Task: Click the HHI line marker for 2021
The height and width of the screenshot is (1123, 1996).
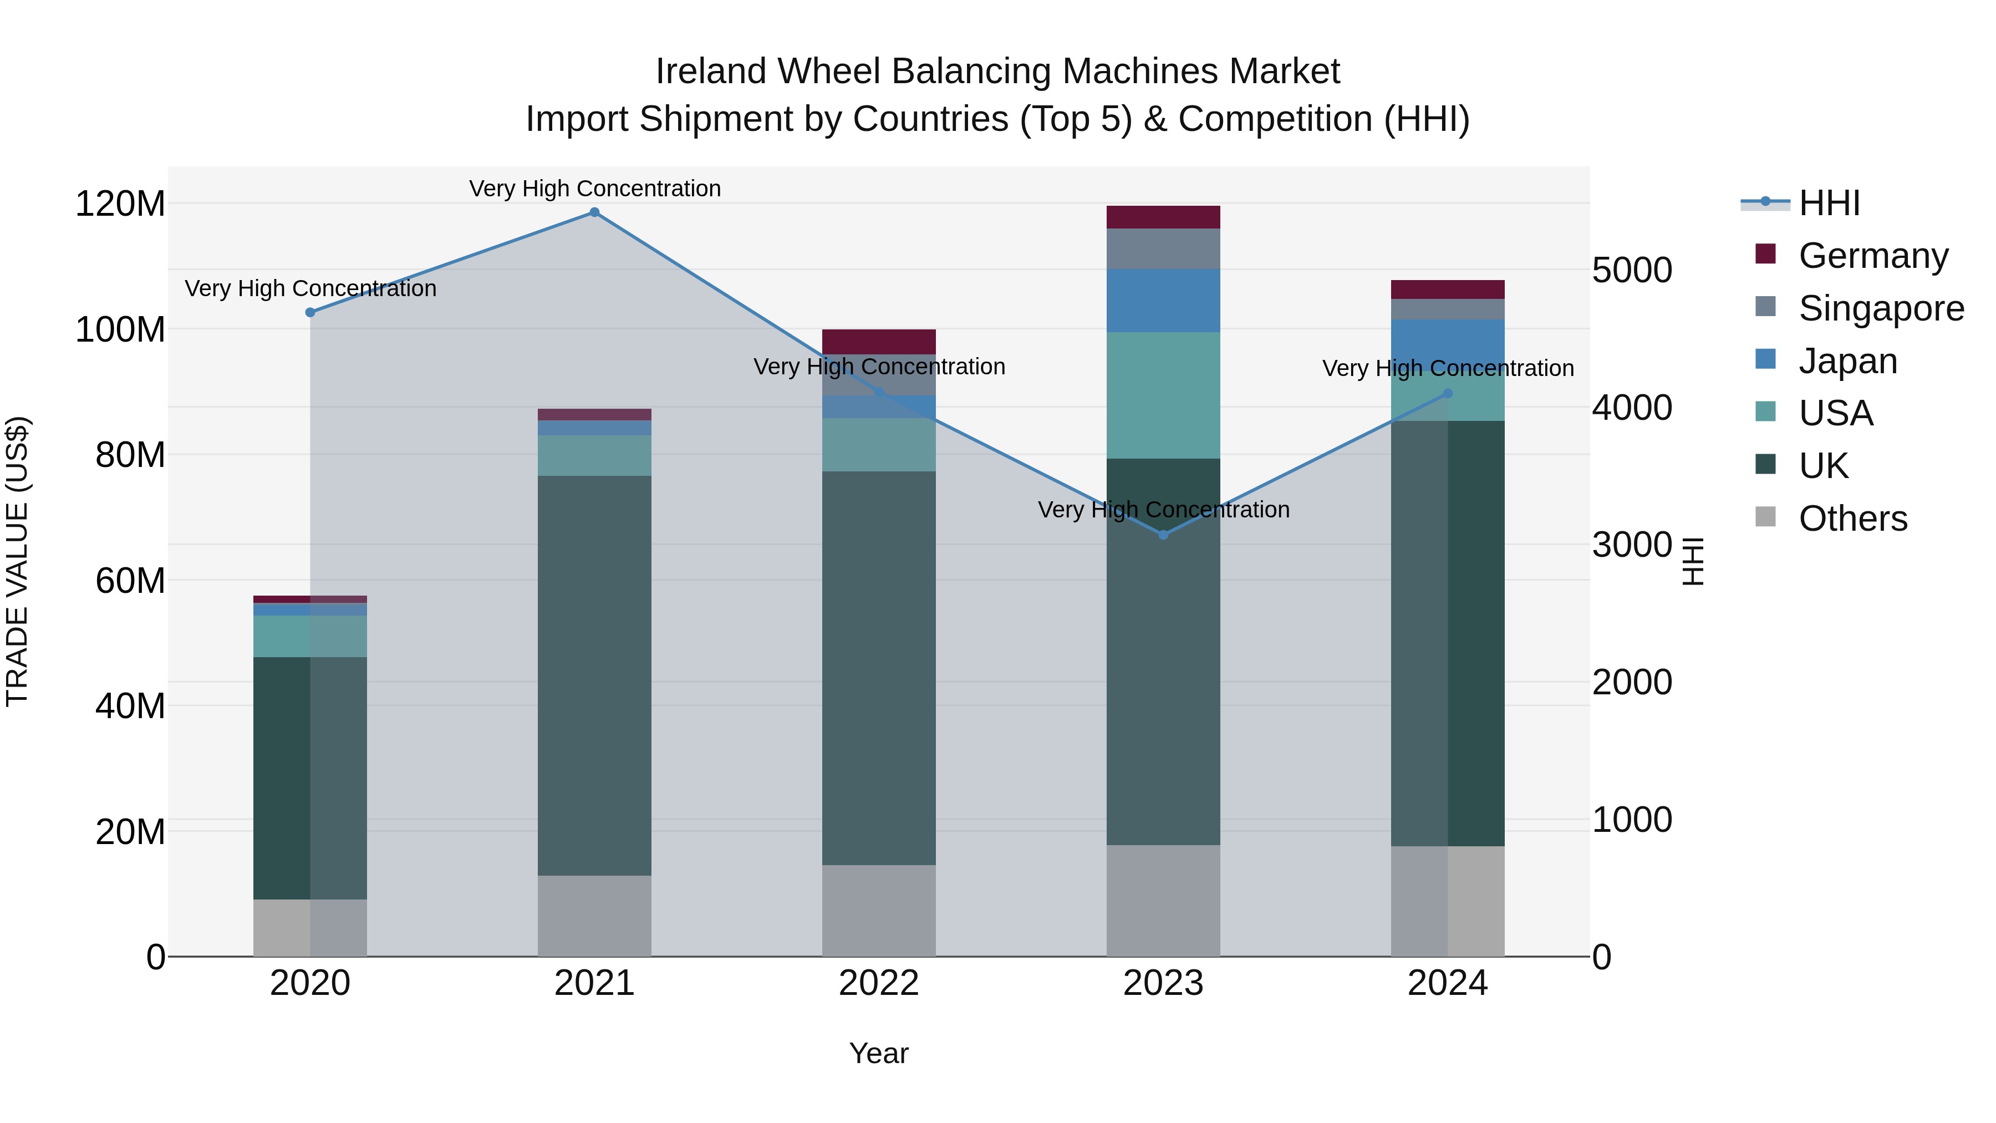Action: (594, 212)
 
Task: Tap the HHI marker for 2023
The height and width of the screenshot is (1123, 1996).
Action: (1163, 535)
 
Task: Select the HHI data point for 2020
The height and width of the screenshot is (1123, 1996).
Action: (310, 312)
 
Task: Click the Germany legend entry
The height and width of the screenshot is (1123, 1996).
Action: (1873, 256)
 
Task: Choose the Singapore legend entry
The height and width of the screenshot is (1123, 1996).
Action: (1881, 308)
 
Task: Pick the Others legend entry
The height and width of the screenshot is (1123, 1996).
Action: (1852, 519)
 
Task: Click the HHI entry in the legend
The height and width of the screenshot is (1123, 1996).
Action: (1829, 203)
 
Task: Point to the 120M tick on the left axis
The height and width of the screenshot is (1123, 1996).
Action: (120, 204)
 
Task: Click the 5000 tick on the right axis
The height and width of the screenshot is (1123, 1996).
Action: (1632, 271)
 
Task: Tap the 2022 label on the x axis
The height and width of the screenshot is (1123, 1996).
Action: (879, 983)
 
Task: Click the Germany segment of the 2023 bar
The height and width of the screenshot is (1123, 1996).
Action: (1163, 217)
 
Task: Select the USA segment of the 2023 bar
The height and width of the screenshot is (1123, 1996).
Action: (1163, 395)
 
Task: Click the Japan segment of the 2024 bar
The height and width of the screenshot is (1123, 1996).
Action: (1448, 341)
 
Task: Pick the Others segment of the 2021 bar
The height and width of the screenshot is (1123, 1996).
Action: (594, 916)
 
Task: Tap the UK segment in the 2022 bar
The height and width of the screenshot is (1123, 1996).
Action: (879, 667)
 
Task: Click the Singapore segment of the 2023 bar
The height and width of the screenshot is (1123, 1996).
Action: (1163, 249)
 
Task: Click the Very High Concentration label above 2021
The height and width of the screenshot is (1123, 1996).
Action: (594, 189)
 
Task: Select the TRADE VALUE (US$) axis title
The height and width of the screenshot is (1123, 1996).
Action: (17, 561)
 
